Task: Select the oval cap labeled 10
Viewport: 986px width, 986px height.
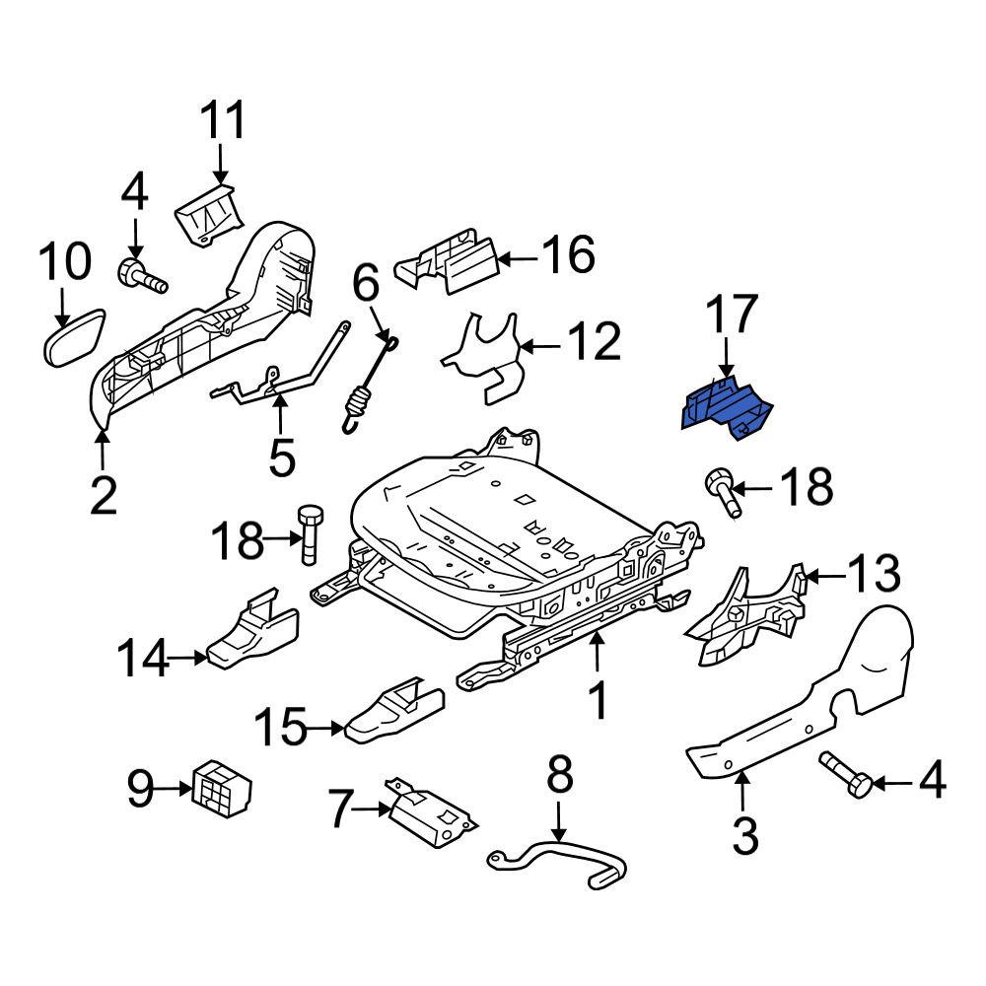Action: (x=74, y=336)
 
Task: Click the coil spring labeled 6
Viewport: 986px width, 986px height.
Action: (x=369, y=383)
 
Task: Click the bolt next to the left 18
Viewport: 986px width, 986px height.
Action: (x=310, y=533)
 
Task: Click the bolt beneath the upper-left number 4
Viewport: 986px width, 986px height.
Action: (x=142, y=277)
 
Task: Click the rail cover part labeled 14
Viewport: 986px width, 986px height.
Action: (x=252, y=629)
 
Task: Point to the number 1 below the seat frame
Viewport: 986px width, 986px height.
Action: (x=599, y=700)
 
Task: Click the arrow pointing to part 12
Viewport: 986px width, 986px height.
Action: (x=540, y=346)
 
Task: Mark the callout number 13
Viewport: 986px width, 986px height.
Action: (x=874, y=573)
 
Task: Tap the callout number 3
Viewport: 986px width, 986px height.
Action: (x=745, y=835)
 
